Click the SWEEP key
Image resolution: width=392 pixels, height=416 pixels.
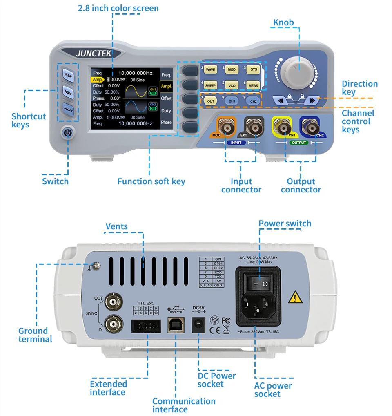pos(210,85)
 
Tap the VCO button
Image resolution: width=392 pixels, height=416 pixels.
pos(232,85)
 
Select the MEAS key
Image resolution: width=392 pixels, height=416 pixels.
pos(254,85)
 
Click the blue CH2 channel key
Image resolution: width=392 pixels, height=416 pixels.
pos(253,101)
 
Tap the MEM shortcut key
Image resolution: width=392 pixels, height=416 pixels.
pos(68,75)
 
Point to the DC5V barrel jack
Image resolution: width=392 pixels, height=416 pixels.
pos(199,325)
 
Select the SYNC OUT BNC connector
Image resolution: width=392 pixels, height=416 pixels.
pos(113,303)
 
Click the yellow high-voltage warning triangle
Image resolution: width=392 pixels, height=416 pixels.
pos(293,297)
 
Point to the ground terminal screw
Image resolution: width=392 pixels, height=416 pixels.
pos(96,266)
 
